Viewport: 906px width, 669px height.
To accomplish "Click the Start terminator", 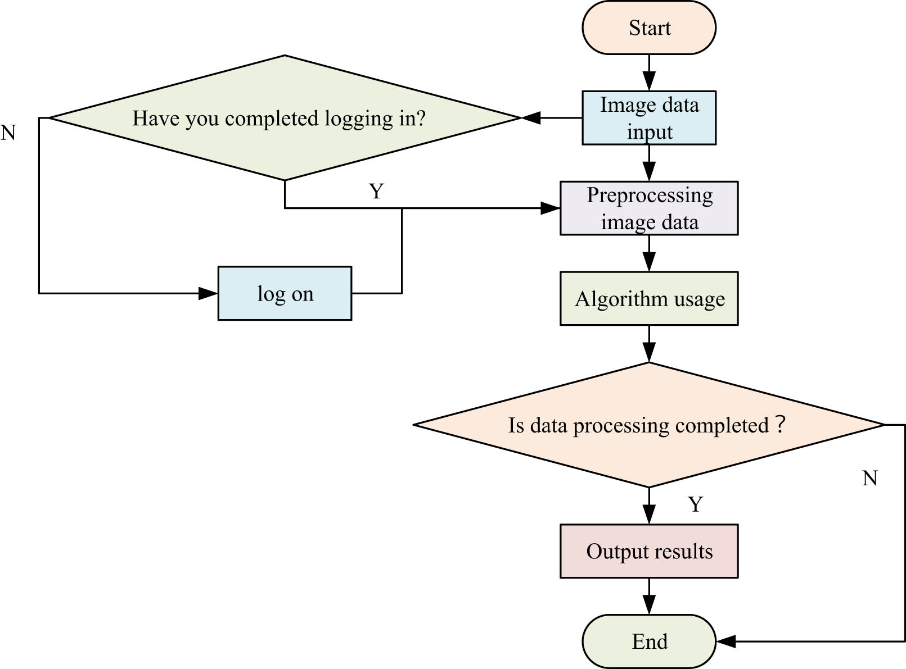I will click(x=648, y=28).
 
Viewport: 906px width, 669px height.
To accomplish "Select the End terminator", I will click(x=648, y=641).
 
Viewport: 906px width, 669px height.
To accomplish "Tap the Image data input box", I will click(x=648, y=118).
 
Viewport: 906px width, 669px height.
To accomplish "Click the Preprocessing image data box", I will click(x=648, y=208).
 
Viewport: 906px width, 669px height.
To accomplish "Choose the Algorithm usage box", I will click(x=648, y=298).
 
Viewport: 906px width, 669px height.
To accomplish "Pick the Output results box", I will click(x=648, y=551).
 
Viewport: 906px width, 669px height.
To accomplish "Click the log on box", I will click(x=285, y=293).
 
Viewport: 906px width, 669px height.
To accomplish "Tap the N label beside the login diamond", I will click(x=8, y=133).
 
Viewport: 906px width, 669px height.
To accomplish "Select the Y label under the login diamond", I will click(x=376, y=192).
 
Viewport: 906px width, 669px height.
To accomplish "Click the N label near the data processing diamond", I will click(x=869, y=478).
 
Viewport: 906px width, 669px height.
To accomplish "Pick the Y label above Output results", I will click(x=695, y=504).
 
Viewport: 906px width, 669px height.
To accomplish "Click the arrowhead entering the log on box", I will click(x=208, y=293).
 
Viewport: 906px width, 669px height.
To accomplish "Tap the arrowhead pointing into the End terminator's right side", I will click(x=726, y=641).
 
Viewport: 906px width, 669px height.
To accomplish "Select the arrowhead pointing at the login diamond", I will click(x=531, y=118).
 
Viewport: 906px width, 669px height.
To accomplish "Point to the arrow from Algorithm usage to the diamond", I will click(x=648, y=344).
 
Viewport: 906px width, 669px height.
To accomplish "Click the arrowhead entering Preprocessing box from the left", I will click(x=550, y=208).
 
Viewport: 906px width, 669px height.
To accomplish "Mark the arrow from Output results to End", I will click(x=648, y=597).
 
